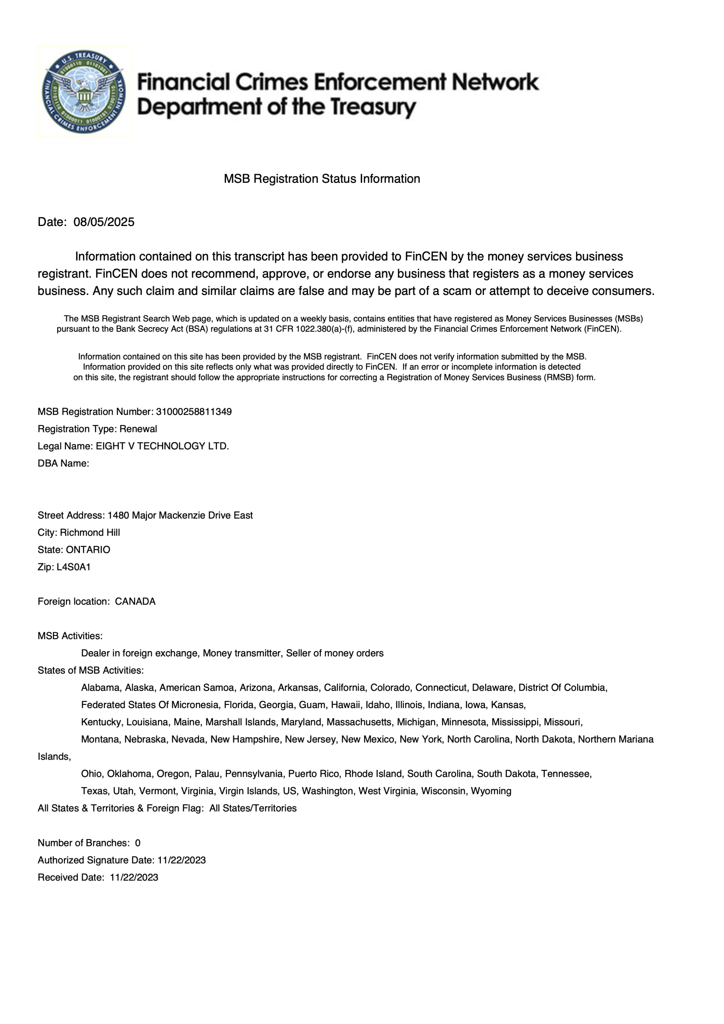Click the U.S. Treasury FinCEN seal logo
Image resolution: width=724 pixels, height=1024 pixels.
(x=84, y=92)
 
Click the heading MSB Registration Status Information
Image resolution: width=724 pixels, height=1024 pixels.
(x=322, y=179)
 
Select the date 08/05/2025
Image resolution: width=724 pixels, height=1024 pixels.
(x=104, y=222)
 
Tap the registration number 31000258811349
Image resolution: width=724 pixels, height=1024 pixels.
(x=194, y=412)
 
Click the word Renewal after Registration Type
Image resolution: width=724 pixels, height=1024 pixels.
(x=138, y=429)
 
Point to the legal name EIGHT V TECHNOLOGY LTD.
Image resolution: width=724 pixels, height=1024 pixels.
(x=162, y=446)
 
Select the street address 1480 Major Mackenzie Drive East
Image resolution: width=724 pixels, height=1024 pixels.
(x=180, y=515)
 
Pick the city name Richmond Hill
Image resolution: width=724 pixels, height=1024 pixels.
(x=90, y=532)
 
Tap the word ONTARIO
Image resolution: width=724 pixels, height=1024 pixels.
(x=88, y=550)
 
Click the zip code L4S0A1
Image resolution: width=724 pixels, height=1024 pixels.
(x=74, y=567)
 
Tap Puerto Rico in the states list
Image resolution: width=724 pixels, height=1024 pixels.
(x=314, y=773)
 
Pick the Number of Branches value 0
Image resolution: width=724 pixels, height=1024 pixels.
(x=138, y=843)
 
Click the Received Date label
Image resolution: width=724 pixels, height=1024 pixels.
(x=71, y=877)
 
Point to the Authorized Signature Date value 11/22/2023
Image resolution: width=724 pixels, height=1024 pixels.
(x=182, y=860)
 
